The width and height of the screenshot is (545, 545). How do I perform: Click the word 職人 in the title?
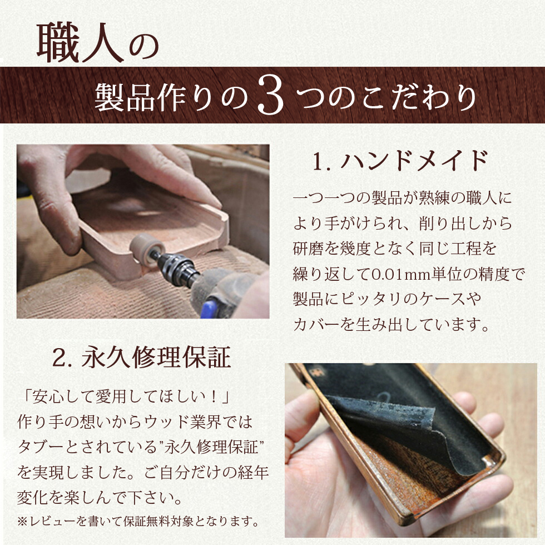coord(80,43)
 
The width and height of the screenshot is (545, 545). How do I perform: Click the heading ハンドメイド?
coord(414,160)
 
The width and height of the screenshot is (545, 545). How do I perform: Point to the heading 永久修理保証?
coord(156,357)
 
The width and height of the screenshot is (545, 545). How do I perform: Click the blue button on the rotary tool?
coord(210,309)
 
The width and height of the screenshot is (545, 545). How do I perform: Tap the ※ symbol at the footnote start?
coord(22,522)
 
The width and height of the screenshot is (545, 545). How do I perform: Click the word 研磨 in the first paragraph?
coord(308,249)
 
